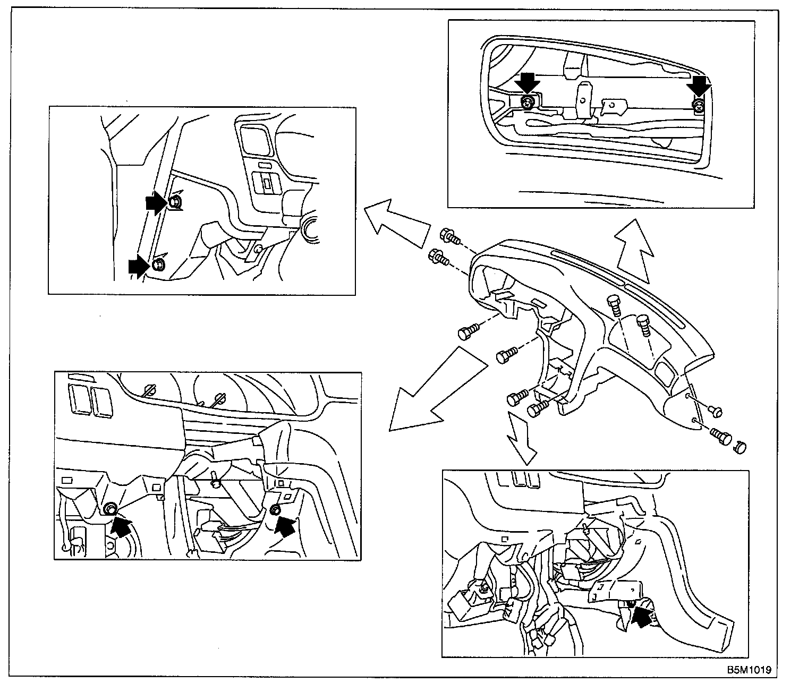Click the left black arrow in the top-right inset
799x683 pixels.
(x=528, y=83)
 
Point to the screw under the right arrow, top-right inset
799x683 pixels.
(x=698, y=107)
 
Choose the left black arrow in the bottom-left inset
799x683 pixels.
(x=122, y=526)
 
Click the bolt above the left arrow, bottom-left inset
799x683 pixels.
(x=110, y=508)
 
